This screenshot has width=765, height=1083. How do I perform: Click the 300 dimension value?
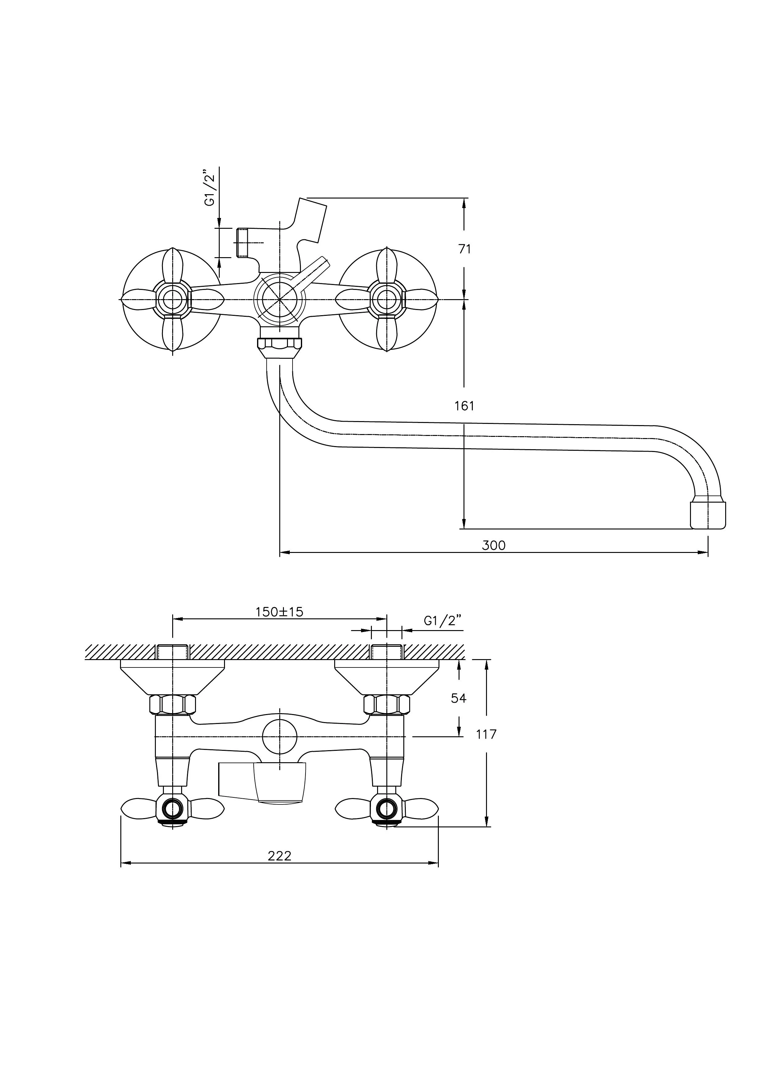click(x=493, y=546)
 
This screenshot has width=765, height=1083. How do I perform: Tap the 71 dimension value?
click(x=465, y=249)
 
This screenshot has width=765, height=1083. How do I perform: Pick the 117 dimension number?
click(x=486, y=734)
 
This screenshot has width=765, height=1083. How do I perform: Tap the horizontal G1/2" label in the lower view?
click(x=443, y=621)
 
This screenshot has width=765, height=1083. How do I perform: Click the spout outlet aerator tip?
click(x=708, y=515)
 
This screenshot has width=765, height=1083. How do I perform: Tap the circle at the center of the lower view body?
click(x=280, y=737)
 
